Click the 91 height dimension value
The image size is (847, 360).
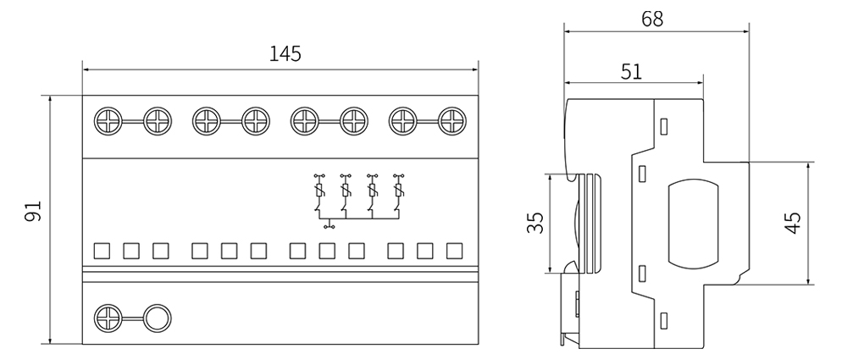32,212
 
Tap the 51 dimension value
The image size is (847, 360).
632,71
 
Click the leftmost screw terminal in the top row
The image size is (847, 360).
108,121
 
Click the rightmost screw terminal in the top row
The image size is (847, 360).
452,121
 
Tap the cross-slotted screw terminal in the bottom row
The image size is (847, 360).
108,319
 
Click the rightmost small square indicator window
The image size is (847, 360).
455,251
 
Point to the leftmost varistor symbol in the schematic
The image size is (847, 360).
319,196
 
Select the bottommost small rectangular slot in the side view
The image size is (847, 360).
663,321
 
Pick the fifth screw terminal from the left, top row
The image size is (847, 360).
304,121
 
